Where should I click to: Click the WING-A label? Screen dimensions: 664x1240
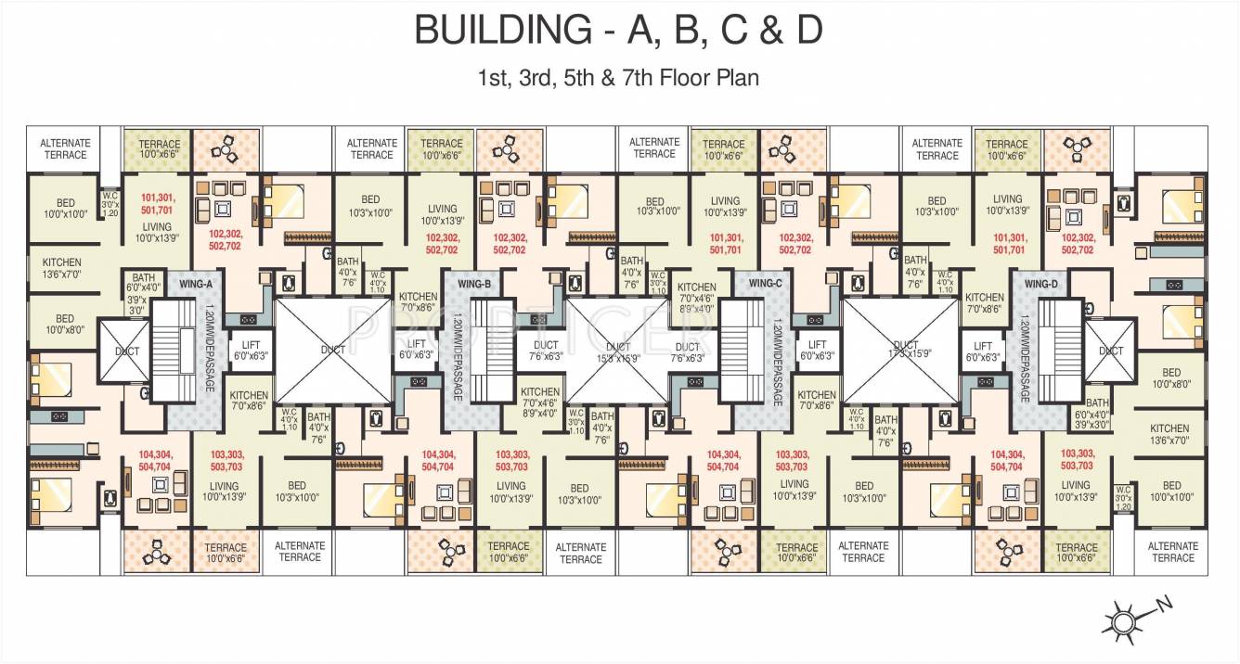(197, 283)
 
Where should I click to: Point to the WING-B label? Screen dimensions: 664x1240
(473, 283)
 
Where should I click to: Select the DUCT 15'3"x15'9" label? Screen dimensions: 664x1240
(618, 351)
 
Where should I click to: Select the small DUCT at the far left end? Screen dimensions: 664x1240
(126, 351)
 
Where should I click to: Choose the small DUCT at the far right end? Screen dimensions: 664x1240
(1110, 351)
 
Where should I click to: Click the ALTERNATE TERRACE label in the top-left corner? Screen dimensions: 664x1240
(64, 148)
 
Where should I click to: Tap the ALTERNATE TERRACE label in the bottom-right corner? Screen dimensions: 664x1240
(1172, 552)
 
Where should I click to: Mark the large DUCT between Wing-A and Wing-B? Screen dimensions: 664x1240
(332, 350)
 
